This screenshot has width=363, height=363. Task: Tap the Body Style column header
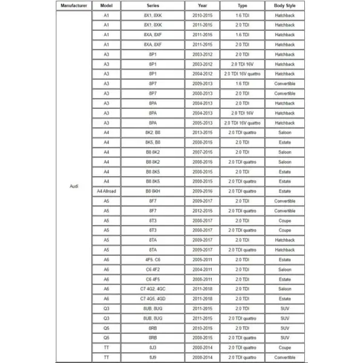tap(284, 5)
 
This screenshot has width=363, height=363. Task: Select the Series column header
tap(152, 5)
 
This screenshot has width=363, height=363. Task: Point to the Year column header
tap(202, 5)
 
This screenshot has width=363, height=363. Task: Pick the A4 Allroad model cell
tap(106, 191)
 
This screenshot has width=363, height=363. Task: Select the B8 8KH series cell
tap(152, 191)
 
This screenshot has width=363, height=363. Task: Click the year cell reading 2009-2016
tap(202, 191)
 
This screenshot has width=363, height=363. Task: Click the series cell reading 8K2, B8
tap(152, 132)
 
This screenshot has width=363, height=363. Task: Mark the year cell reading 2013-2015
tap(202, 132)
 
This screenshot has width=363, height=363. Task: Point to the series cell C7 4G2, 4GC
tap(152, 289)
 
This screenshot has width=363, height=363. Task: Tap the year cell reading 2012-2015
tap(202, 211)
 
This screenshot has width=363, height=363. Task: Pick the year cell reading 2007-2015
tap(202, 152)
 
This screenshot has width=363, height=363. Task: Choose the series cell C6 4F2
tap(152, 270)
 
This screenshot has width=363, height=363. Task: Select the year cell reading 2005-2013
tap(202, 123)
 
